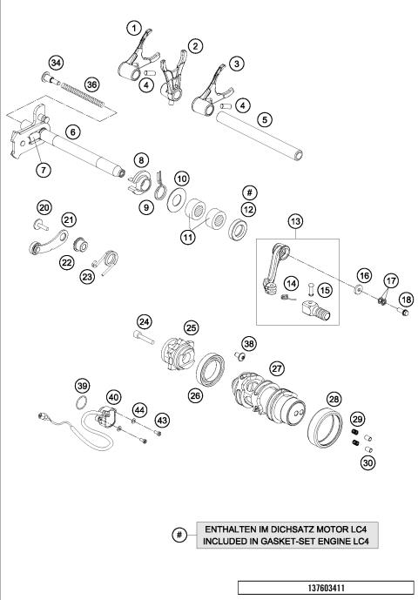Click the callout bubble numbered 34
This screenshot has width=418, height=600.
57,63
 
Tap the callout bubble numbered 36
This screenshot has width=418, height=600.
92,84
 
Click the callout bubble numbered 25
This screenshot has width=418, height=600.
191,327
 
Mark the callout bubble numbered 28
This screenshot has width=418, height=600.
334,399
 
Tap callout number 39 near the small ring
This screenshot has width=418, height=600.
82,386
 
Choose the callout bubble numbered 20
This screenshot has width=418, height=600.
44,207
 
